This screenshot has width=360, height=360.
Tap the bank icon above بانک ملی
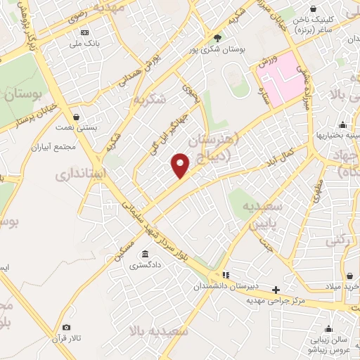85,32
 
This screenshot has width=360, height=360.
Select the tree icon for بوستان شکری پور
218,39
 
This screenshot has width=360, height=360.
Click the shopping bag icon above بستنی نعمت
76,117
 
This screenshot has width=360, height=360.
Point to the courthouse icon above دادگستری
145,254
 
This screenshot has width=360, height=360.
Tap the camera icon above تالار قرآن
66,328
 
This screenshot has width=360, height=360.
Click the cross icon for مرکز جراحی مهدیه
276,289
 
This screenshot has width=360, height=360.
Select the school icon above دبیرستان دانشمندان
226,274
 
